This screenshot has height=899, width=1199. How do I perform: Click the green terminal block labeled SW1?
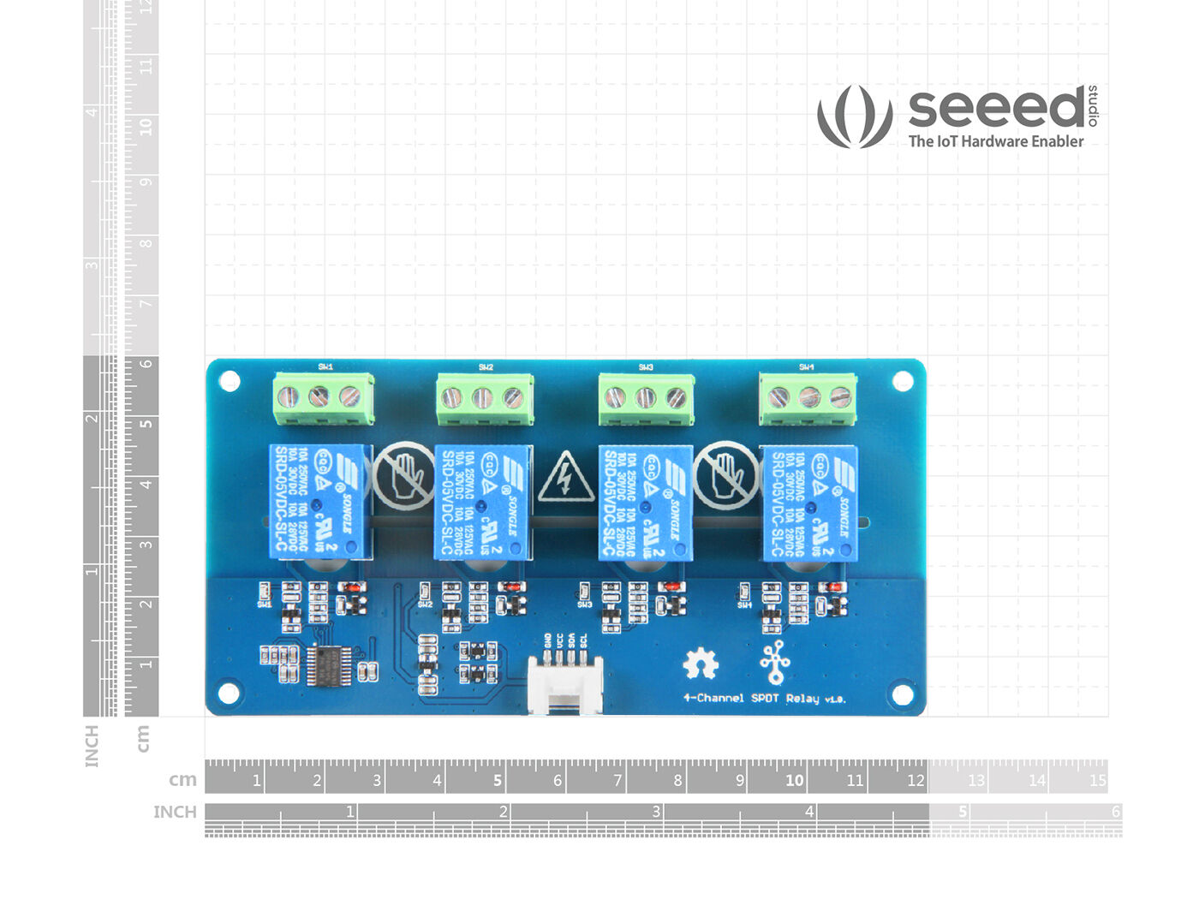323,398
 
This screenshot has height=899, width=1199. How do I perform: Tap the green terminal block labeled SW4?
808,398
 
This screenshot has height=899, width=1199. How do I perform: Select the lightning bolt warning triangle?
565,478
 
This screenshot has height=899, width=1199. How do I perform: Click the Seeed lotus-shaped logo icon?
854,116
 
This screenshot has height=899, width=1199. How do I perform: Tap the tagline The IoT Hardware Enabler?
995,141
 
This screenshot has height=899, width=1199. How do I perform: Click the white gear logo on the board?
701,663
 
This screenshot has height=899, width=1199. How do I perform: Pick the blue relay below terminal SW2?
482,502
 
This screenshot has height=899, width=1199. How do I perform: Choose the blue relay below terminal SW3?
645,502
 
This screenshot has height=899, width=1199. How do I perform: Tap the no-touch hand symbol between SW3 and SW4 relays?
725,476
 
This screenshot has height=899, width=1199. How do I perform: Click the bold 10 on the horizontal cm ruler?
794,780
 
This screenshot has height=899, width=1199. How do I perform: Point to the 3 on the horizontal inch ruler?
656,811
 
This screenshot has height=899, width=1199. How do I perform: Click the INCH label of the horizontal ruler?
175,812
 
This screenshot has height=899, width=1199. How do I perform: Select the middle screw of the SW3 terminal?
645,397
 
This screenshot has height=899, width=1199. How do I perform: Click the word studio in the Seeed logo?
1093,106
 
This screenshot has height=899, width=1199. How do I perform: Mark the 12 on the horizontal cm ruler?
916,780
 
